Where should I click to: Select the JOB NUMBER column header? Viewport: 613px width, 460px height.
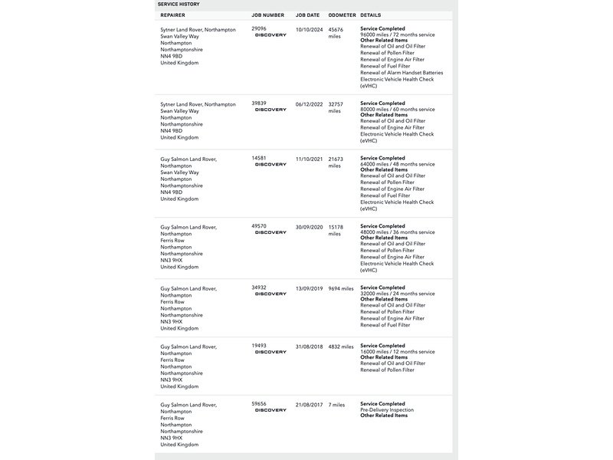click(x=267, y=15)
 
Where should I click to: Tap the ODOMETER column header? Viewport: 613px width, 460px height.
click(x=341, y=15)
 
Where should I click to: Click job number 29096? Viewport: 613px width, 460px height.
click(x=259, y=29)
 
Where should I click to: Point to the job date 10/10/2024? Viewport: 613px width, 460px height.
click(x=309, y=29)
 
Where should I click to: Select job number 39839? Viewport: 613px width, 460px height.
click(x=259, y=103)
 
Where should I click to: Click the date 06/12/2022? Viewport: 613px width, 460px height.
click(x=309, y=103)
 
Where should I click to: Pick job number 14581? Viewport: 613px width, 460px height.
click(x=259, y=159)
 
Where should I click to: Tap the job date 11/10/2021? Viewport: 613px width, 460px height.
click(x=309, y=159)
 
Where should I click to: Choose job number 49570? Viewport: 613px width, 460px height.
click(x=259, y=227)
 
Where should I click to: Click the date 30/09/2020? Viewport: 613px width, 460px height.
click(x=309, y=227)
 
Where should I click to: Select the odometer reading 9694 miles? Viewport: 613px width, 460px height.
click(x=341, y=288)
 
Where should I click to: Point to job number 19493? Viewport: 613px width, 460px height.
click(x=259, y=347)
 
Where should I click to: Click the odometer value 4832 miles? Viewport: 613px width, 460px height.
click(x=341, y=347)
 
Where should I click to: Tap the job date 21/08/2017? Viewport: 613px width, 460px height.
click(x=309, y=404)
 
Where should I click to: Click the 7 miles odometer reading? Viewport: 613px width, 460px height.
click(x=337, y=404)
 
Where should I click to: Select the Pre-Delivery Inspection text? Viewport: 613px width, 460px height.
click(x=387, y=410)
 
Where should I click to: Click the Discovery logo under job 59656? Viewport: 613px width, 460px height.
click(x=270, y=410)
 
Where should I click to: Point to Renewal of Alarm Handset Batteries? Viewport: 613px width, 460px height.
click(x=402, y=73)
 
